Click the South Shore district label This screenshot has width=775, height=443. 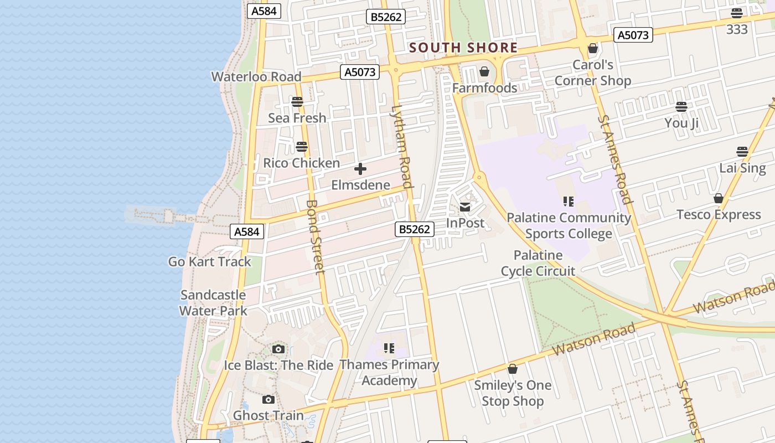click(x=463, y=48)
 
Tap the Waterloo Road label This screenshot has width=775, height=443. click(x=256, y=76)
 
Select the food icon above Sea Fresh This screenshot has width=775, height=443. click(x=297, y=102)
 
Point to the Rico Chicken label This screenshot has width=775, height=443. click(x=301, y=163)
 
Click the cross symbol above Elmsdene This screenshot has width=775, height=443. click(x=360, y=169)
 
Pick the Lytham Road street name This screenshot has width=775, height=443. click(x=402, y=147)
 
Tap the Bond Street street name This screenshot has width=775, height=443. click(x=314, y=236)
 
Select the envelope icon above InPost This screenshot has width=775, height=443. click(x=465, y=208)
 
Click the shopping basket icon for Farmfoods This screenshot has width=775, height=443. click(x=484, y=72)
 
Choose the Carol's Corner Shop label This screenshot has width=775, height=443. click(x=593, y=73)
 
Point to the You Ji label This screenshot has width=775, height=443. click(x=681, y=123)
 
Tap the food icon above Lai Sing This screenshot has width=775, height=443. click(x=742, y=152)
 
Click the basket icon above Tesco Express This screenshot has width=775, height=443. click(x=719, y=198)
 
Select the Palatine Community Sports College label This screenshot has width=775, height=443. click(x=569, y=225)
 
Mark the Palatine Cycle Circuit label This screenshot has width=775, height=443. click(x=538, y=263)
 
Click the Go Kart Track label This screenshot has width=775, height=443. click(x=210, y=261)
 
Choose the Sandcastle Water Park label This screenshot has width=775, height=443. click(x=213, y=303)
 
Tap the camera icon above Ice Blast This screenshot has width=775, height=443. click(x=278, y=349)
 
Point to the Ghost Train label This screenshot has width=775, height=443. click(x=268, y=415)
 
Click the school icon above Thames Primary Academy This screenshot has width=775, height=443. click(x=389, y=348)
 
